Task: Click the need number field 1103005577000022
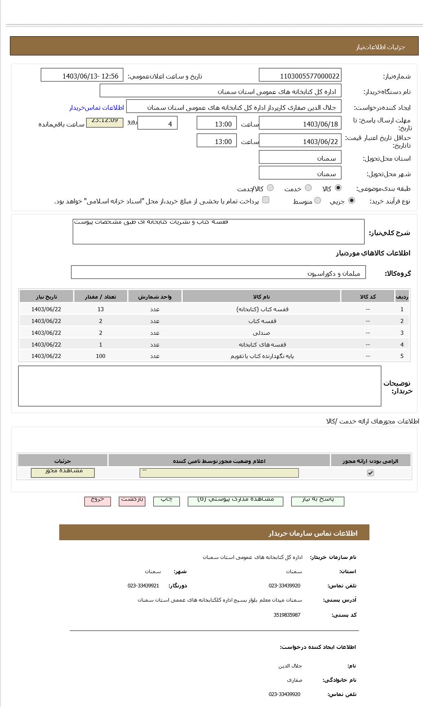pyautogui.click(x=300, y=76)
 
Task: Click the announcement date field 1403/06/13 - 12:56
pyautogui.click(x=82, y=76)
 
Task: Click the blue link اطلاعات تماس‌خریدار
pyautogui.click(x=96, y=107)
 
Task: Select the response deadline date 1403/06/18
pyautogui.click(x=300, y=124)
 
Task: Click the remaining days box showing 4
pyautogui.click(x=157, y=124)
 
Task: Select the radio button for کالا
pyautogui.click(x=338, y=188)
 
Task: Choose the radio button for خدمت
pyautogui.click(x=308, y=188)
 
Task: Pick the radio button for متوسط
pyautogui.click(x=318, y=201)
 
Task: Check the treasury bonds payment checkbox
pyautogui.click(x=266, y=200)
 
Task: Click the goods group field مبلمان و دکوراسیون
pyautogui.click(x=218, y=273)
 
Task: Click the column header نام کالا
pyautogui.click(x=261, y=297)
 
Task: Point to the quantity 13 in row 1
pyautogui.click(x=100, y=309)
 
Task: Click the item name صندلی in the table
pyautogui.click(x=261, y=333)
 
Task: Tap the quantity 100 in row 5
pyautogui.click(x=100, y=356)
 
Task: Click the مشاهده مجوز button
pyautogui.click(x=63, y=472)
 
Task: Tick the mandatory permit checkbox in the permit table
pyautogui.click(x=370, y=473)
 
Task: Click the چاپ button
pyautogui.click(x=166, y=500)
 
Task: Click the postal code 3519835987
pyautogui.click(x=287, y=615)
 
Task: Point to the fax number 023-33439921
pyautogui.click(x=143, y=585)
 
